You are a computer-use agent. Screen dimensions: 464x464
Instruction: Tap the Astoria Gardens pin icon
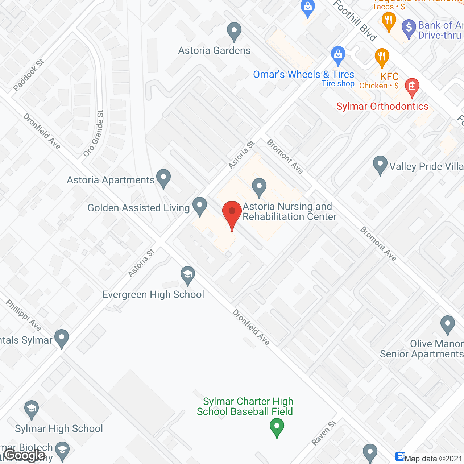pyautogui.click(x=234, y=32)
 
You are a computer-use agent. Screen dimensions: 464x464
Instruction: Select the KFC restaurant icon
pyautogui.click(x=382, y=57)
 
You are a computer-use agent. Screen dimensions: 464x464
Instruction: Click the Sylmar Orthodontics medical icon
pyautogui.click(x=412, y=87)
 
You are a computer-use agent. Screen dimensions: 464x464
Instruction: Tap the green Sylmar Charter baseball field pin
pyautogui.click(x=277, y=427)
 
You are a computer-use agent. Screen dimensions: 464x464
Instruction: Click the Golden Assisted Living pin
pyautogui.click(x=200, y=206)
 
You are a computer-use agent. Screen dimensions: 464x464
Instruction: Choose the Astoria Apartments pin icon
pyautogui.click(x=163, y=178)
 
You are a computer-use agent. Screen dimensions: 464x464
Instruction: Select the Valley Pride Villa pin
pyautogui.click(x=380, y=165)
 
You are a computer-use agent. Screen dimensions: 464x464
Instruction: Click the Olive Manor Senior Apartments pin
pyautogui.click(x=448, y=325)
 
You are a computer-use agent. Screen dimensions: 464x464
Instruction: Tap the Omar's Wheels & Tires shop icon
pyautogui.click(x=338, y=55)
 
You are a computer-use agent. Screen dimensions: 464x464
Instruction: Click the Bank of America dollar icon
pyautogui.click(x=409, y=28)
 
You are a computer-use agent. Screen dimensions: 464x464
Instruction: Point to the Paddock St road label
pyautogui.click(x=29, y=75)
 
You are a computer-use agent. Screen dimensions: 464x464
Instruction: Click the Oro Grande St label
pyautogui.click(x=94, y=133)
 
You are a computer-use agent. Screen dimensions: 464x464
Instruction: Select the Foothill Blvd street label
pyautogui.click(x=355, y=21)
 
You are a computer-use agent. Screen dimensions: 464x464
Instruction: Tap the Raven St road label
pyautogui.click(x=324, y=432)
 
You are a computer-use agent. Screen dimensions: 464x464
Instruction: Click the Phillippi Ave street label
pyautogui.click(x=24, y=315)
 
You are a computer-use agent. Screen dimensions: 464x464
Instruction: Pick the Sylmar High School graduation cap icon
pyautogui.click(x=32, y=410)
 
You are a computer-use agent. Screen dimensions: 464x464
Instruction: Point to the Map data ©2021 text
pyautogui.click(x=433, y=459)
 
